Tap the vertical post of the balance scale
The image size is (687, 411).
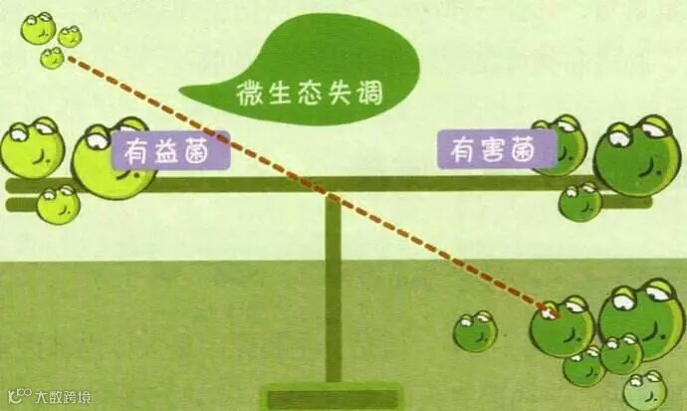click(x=333, y=289)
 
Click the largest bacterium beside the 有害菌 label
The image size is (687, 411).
click(x=637, y=155)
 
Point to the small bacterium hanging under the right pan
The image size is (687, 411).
click(x=579, y=202)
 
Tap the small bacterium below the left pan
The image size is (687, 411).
click(x=58, y=205)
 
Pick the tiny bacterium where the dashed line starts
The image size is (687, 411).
click(x=52, y=59)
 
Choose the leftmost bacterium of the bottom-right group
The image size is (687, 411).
click(x=476, y=331)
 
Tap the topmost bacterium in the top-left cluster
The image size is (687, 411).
click(x=39, y=28)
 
